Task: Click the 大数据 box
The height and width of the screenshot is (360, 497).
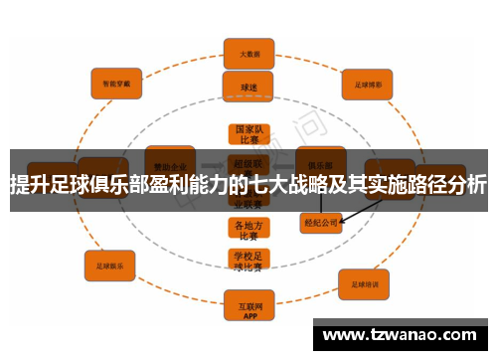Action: coord(248,52)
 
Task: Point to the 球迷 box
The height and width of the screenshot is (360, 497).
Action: coord(248,88)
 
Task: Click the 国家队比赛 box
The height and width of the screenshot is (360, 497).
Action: coord(248,134)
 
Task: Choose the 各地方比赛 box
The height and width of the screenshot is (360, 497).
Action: coord(248,230)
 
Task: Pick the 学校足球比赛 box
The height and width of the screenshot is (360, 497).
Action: coord(248,262)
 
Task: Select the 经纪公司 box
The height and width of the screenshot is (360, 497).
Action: coord(322,225)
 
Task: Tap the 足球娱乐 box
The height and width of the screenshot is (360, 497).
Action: coord(109,267)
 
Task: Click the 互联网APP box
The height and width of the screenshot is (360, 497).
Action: coord(248,302)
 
